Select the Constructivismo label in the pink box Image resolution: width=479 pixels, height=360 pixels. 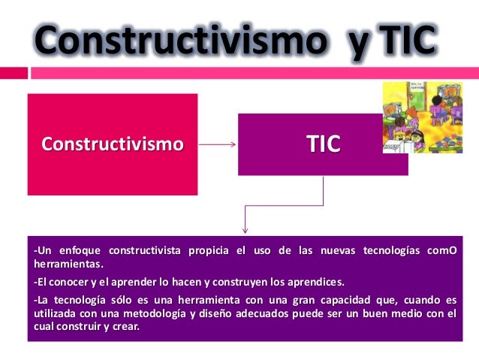(112, 144)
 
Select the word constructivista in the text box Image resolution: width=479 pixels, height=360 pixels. (142, 250)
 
